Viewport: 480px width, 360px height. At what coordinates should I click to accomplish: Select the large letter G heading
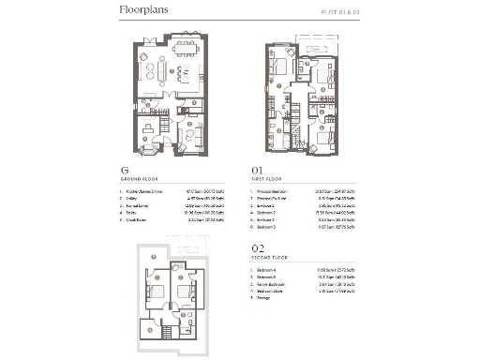pyautogui.click(x=124, y=172)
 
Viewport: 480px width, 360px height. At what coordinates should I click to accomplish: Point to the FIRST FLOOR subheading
pyautogui.click(x=264, y=182)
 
